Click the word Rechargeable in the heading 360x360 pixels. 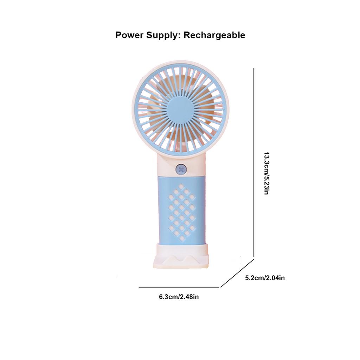(x=214, y=35)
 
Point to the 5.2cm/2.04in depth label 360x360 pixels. (x=265, y=278)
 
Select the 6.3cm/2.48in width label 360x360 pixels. (x=179, y=297)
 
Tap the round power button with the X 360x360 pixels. (x=181, y=170)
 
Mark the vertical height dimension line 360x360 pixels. (x=254, y=162)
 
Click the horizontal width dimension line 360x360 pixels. (x=179, y=287)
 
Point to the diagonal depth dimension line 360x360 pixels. (x=237, y=273)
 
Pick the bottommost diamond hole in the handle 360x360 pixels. (x=182, y=238)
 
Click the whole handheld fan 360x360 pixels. (x=180, y=158)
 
